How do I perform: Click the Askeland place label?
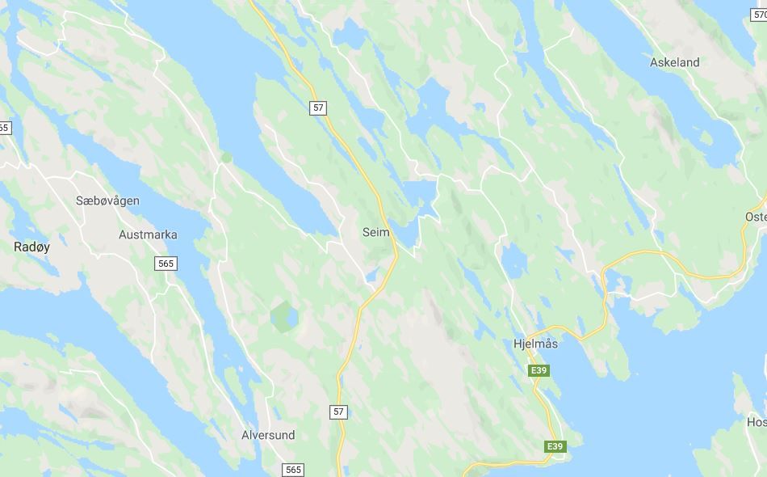tap(675, 62)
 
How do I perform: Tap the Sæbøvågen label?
tap(107, 201)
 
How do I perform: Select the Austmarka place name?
tap(148, 235)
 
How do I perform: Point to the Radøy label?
tap(31, 247)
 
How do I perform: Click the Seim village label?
tap(376, 232)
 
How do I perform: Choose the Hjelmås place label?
tap(535, 344)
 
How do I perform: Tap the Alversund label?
tap(268, 435)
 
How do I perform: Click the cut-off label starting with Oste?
tap(756, 217)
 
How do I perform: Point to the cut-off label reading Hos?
tap(757, 422)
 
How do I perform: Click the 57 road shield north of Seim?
tap(319, 108)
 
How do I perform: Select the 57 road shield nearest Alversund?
tap(338, 412)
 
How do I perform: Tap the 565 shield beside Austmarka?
tap(166, 264)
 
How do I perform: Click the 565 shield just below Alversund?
tap(293, 470)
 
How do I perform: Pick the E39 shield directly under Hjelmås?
tap(539, 370)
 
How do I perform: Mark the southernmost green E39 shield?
tap(555, 446)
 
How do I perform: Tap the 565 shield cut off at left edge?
tap(4, 128)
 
